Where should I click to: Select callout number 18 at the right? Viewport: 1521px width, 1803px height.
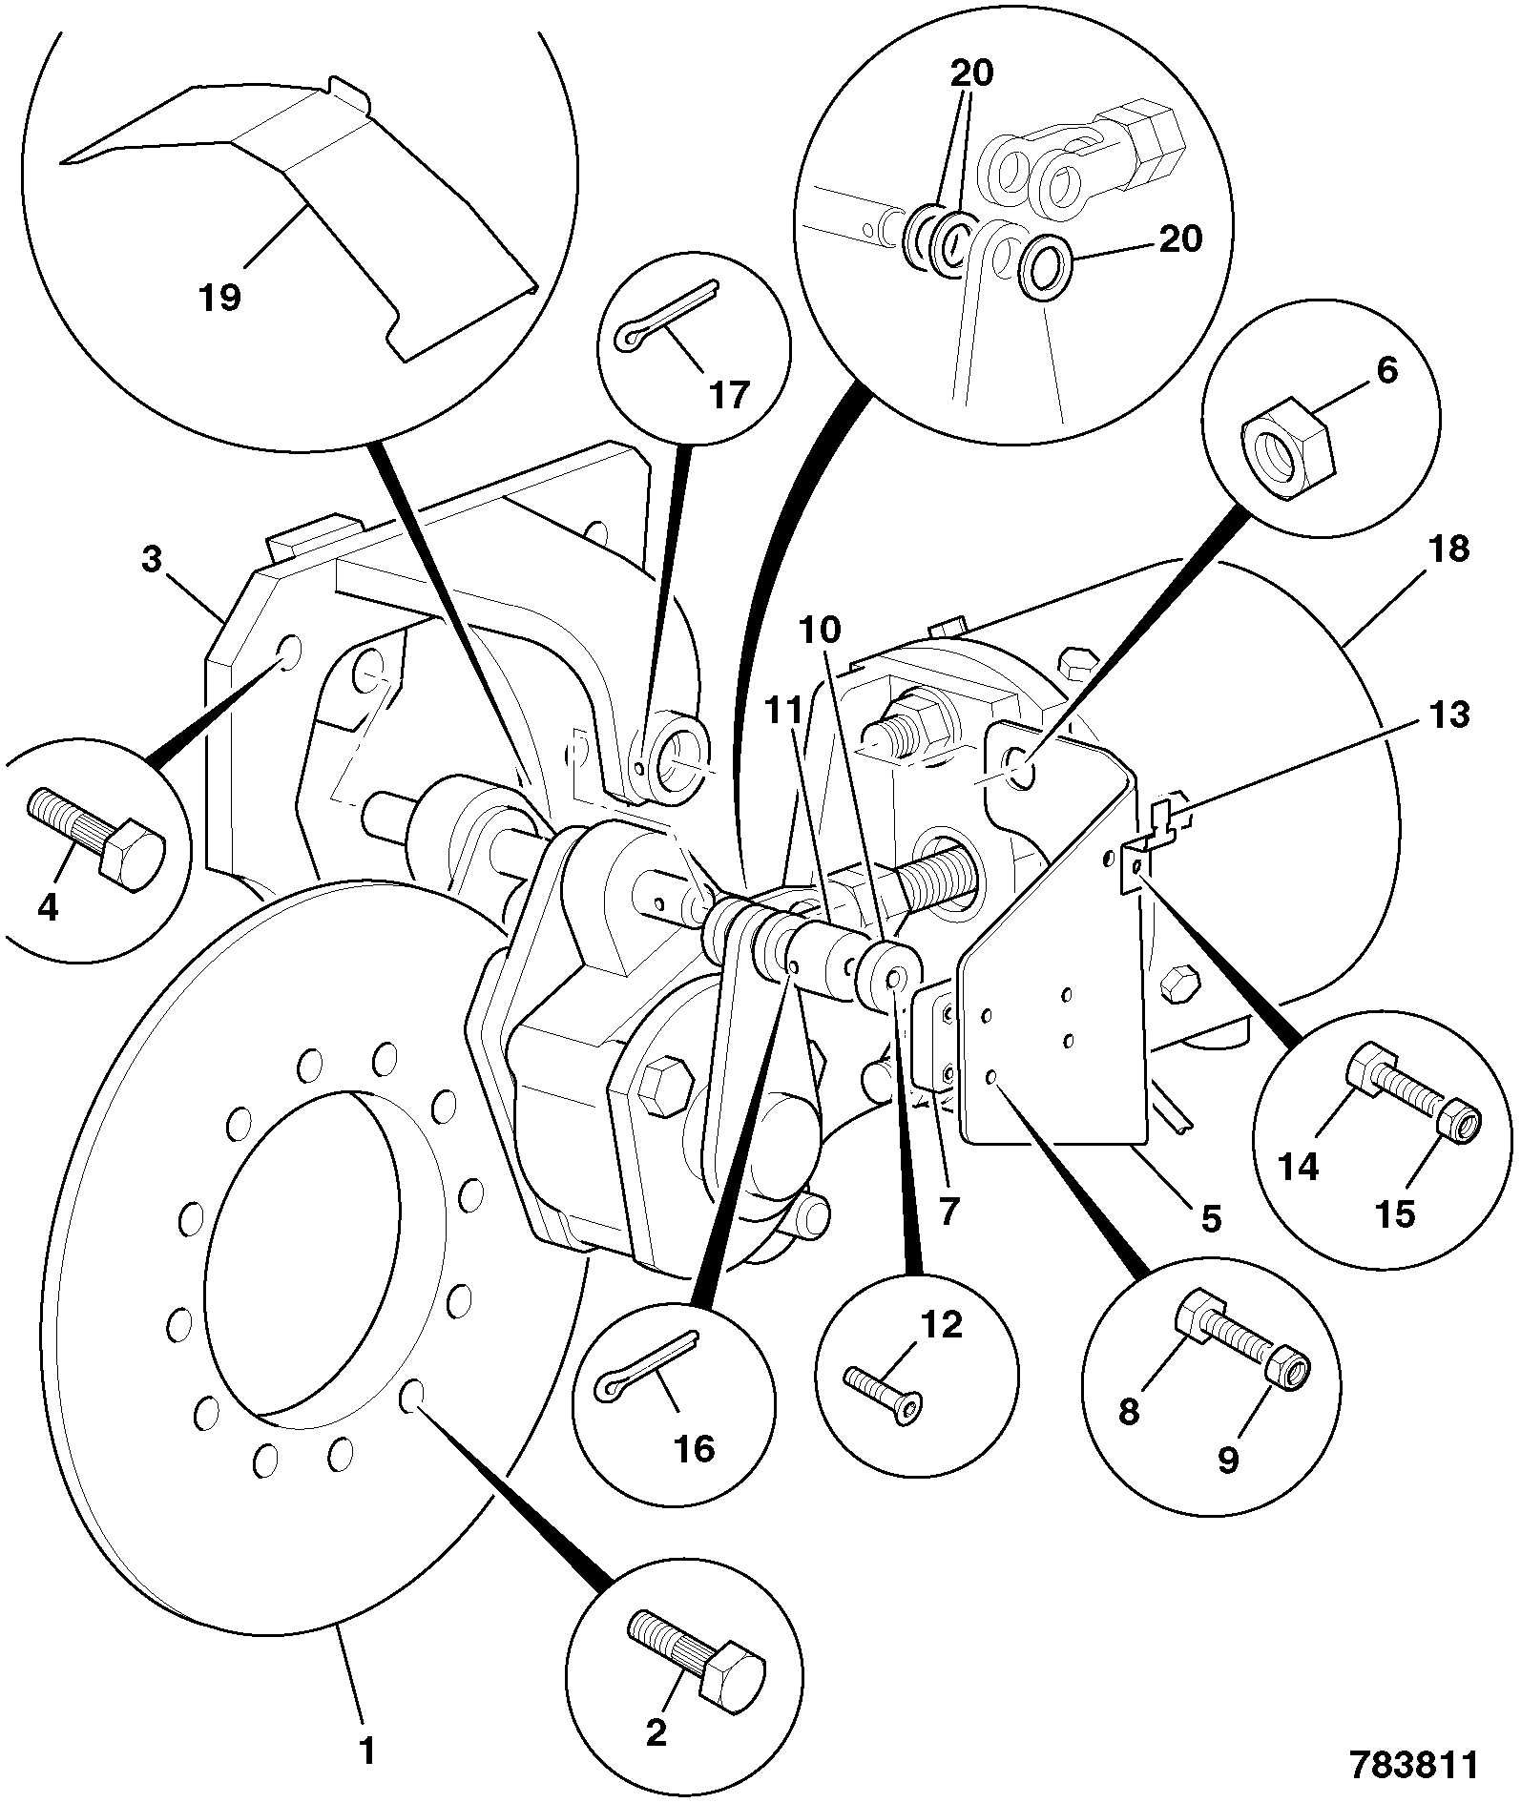(1450, 550)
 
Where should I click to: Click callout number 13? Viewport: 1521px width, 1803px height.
(1449, 715)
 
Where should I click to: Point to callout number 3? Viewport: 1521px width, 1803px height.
(152, 559)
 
